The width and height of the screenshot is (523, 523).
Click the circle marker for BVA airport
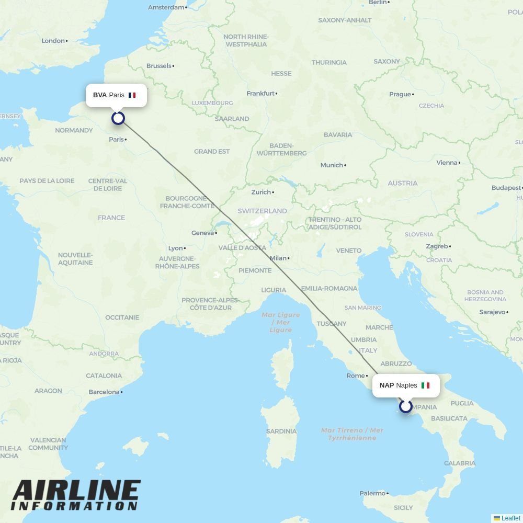(x=118, y=118)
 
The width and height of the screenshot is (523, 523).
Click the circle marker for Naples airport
(x=406, y=406)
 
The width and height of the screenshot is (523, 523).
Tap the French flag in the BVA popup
(x=132, y=95)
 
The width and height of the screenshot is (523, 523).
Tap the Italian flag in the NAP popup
(x=425, y=385)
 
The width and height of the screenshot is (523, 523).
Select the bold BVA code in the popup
(x=100, y=95)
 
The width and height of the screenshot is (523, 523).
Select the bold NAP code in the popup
(x=386, y=385)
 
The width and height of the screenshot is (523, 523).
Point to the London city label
(x=53, y=41)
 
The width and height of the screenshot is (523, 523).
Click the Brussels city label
(x=159, y=66)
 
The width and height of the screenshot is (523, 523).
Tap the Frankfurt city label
(x=260, y=94)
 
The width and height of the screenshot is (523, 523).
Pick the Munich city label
(x=332, y=165)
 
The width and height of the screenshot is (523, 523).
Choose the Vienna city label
(x=447, y=163)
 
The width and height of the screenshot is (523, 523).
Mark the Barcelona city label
(x=104, y=392)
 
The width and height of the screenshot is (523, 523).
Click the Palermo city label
(x=372, y=493)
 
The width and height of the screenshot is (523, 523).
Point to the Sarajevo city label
(x=492, y=312)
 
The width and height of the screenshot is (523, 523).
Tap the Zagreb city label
(x=437, y=246)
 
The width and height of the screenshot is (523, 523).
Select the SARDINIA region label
(x=281, y=431)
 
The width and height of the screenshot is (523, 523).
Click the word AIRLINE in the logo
(x=76, y=491)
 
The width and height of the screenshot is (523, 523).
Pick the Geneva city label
(x=203, y=233)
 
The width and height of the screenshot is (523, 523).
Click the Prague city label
(x=400, y=95)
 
